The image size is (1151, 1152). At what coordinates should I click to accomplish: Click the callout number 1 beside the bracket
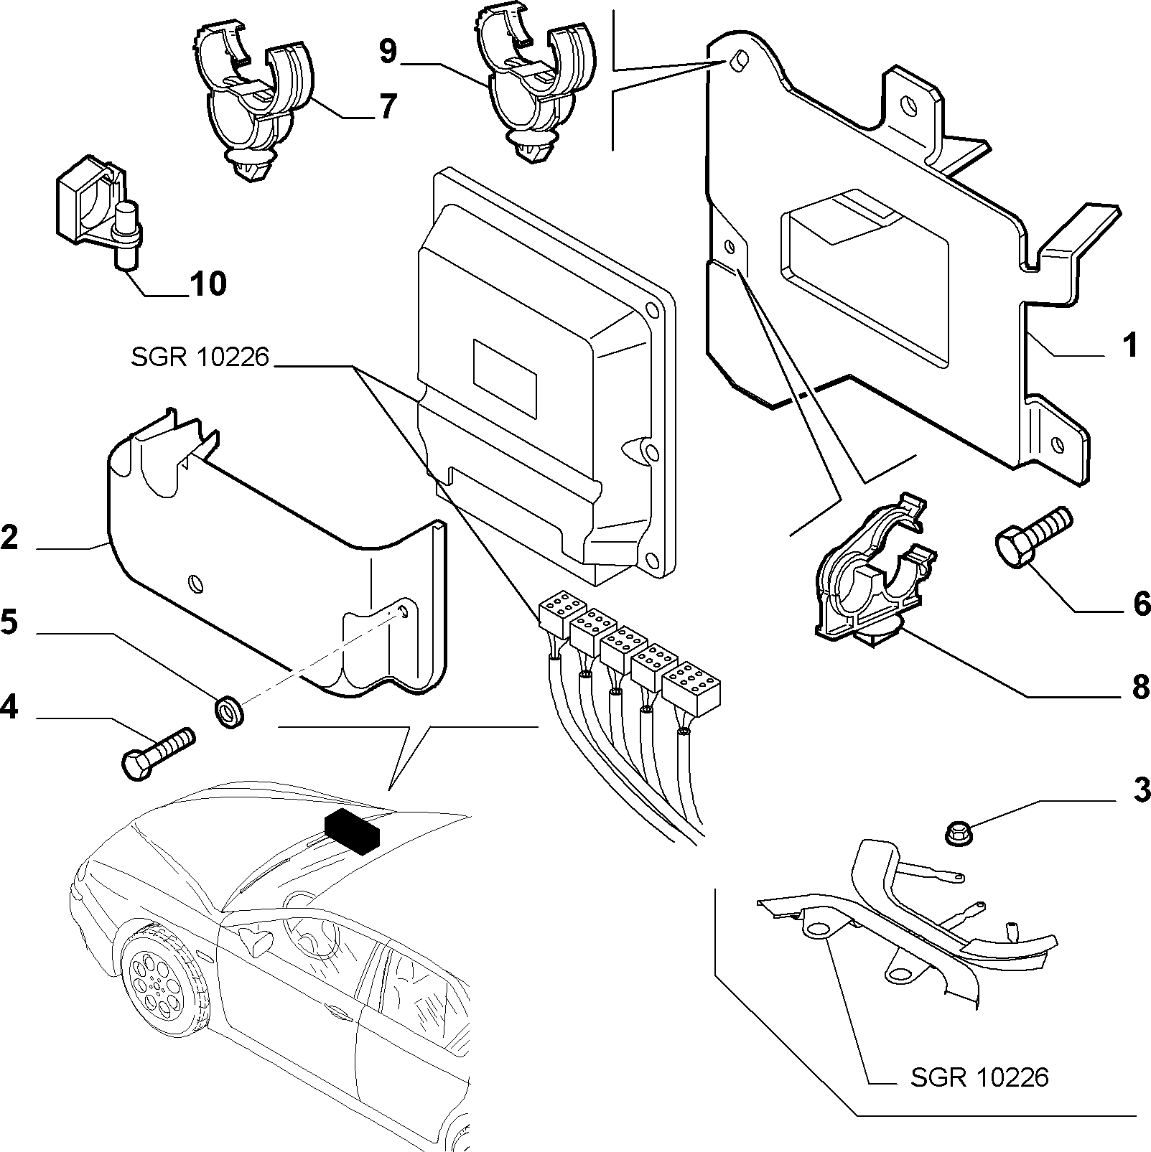(x=1129, y=345)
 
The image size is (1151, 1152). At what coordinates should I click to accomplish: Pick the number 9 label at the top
(x=387, y=52)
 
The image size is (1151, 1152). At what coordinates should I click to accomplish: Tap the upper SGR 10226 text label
(x=200, y=357)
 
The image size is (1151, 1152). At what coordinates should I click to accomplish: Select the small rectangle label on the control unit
(x=505, y=377)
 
